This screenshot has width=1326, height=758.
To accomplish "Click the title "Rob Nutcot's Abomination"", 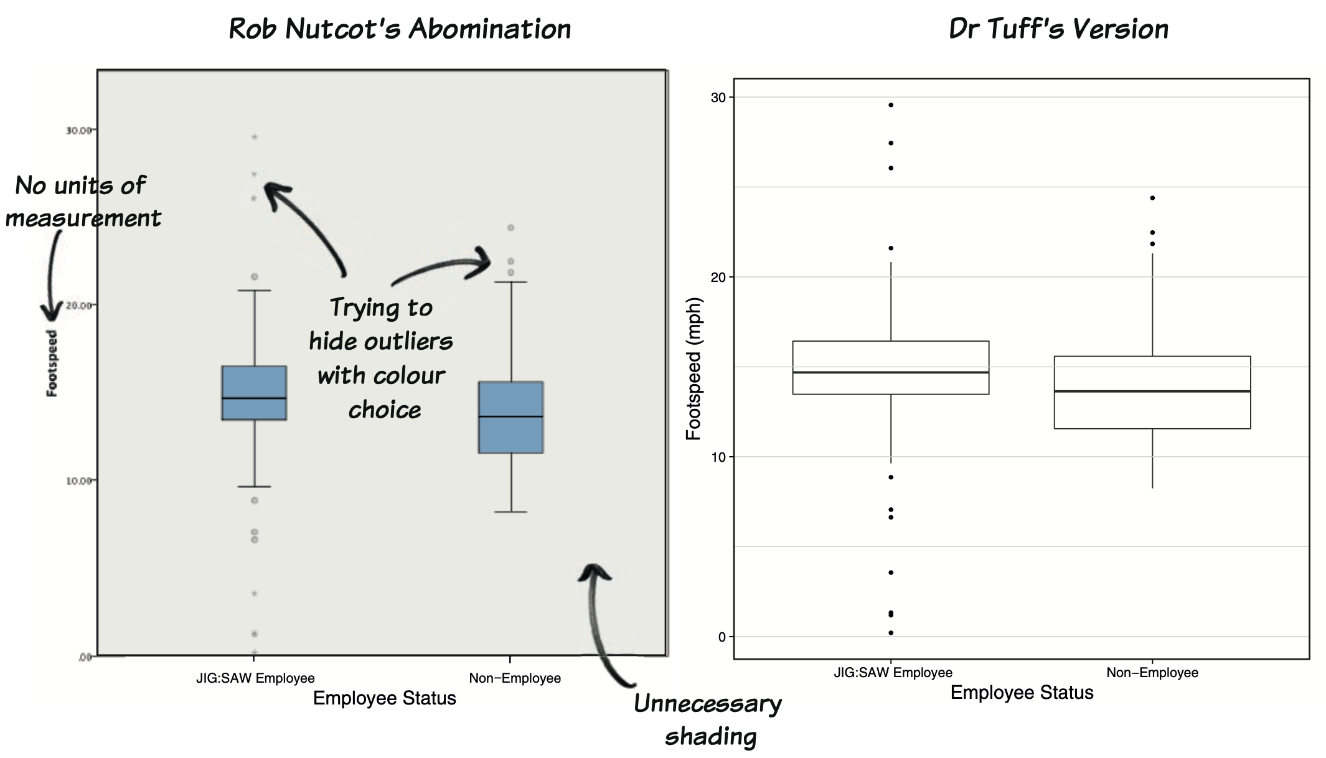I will [400, 29].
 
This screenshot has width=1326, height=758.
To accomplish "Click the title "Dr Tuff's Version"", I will [1058, 29].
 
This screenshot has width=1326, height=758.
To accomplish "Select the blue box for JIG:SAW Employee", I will [254, 393].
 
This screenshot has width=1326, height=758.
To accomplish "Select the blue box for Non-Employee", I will [510, 417].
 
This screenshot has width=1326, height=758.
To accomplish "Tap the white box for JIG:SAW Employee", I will [890, 367].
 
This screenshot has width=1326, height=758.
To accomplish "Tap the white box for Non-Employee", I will [1152, 392].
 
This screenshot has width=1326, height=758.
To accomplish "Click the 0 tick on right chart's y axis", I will [722, 637].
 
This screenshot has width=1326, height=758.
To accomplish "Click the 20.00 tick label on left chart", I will [78, 306].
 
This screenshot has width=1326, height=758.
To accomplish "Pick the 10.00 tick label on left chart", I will [78, 481].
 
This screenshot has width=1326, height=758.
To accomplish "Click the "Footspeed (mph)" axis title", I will [694, 368].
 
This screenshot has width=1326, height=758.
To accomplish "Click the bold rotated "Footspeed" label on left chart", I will [52, 363].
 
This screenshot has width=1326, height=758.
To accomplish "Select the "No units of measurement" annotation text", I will [82, 202].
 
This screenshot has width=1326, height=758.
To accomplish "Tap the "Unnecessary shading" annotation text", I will [708, 720].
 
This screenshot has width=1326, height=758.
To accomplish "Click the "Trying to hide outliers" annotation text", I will [381, 358].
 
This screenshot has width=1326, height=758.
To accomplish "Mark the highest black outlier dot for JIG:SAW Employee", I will [891, 105].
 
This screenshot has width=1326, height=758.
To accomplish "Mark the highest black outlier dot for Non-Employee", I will [1152, 198].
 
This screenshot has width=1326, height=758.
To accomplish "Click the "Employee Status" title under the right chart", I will [1022, 693].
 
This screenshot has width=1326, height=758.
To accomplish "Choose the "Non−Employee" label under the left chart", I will [515, 678].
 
